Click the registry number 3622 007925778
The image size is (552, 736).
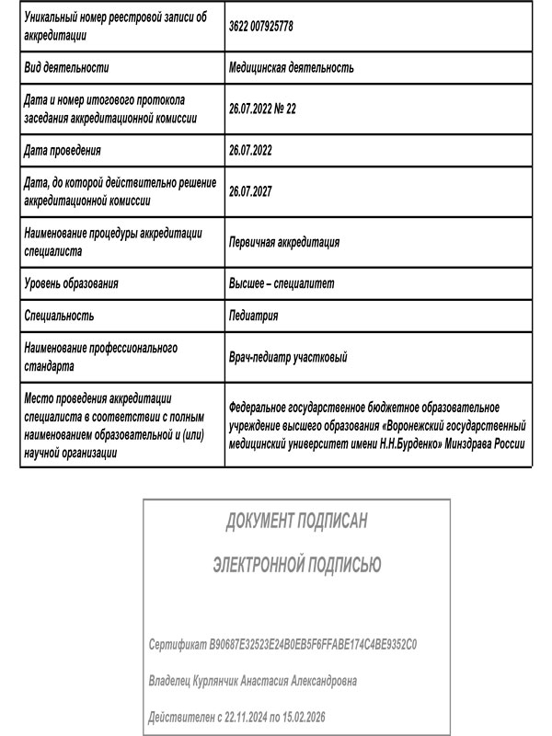coord(261,27)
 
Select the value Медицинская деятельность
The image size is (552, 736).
coord(292,67)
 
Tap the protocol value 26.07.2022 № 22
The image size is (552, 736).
coord(262,109)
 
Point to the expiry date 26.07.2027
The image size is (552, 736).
coord(250,191)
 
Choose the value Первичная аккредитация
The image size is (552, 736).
coord(284,242)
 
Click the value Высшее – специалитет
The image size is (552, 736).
coord(282,283)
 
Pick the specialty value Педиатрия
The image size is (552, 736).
coord(253,316)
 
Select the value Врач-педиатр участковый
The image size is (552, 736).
coord(288,357)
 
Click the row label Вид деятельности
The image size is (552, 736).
coord(66,67)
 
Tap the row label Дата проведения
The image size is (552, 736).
coord(63,150)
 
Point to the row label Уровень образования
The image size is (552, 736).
coord(72,283)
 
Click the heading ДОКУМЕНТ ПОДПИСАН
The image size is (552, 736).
coord(296,522)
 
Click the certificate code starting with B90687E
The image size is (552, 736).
coord(313,646)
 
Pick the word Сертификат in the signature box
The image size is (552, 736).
coord(178,646)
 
